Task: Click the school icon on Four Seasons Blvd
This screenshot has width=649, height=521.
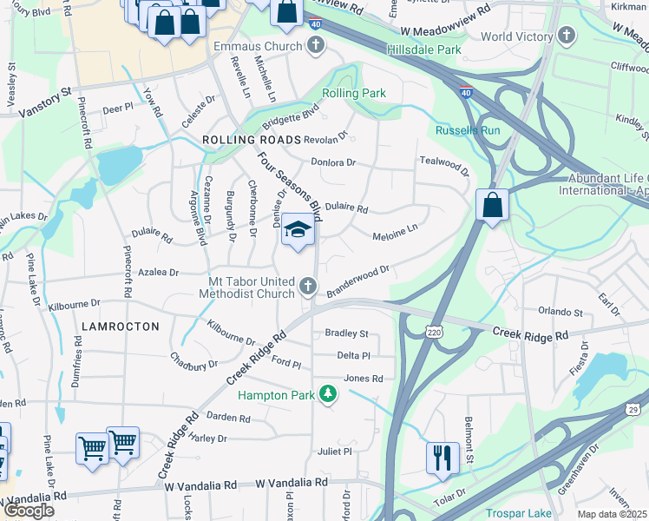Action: click(298, 230)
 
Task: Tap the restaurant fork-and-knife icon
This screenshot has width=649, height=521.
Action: click(442, 457)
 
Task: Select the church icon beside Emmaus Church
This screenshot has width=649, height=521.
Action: click(315, 44)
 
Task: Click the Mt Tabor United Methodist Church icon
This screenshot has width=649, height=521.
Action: click(307, 285)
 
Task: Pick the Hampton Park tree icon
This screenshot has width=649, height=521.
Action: click(328, 394)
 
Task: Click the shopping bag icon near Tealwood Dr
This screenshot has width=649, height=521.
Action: click(492, 207)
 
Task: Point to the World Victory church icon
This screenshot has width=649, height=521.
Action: click(567, 36)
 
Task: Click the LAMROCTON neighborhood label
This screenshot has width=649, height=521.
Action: click(121, 326)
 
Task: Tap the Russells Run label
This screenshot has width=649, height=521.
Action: click(468, 131)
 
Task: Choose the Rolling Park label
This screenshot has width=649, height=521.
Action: click(353, 93)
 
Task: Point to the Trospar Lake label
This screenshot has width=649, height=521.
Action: click(518, 512)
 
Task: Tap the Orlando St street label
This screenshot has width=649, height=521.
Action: click(560, 311)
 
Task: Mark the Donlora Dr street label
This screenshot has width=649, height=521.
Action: click(334, 162)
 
